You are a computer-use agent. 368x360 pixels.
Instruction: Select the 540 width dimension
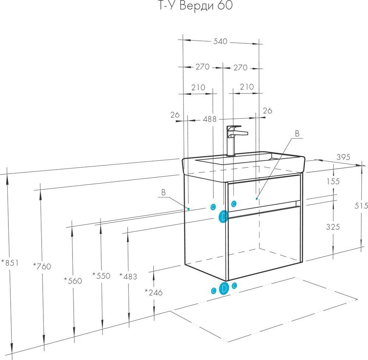(220, 42)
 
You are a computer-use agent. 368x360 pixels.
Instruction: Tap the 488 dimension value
(210, 119)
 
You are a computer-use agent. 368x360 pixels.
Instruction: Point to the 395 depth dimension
(343, 157)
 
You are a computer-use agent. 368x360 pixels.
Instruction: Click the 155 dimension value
(333, 181)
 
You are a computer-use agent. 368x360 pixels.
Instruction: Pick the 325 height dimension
(333, 227)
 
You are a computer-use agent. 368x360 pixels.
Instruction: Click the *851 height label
(10, 263)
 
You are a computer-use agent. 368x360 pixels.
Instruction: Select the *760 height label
(42, 266)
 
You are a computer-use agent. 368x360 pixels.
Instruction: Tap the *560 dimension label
(72, 281)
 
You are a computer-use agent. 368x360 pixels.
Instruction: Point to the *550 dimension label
(101, 275)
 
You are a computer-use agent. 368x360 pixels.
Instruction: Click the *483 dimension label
(128, 276)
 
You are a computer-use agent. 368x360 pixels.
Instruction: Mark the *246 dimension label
(153, 292)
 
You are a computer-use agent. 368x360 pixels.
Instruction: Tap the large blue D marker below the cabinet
(224, 289)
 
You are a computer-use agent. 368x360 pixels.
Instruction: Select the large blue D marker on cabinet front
(223, 217)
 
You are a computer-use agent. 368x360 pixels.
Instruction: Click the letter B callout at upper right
(297, 133)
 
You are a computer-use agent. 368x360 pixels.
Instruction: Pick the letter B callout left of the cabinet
(163, 192)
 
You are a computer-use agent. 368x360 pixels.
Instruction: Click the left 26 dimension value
(175, 115)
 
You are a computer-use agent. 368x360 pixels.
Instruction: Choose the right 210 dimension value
(247, 87)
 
